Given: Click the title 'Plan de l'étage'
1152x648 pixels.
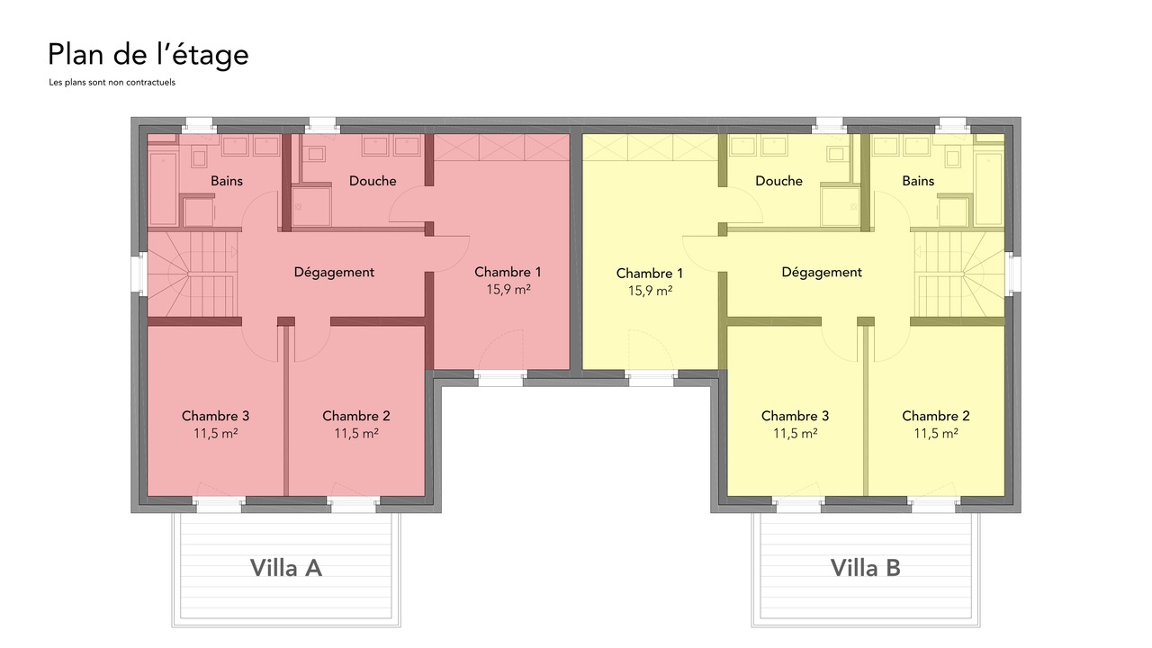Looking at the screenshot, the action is [x=148, y=56].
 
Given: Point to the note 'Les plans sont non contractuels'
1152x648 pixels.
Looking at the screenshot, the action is [x=112, y=82].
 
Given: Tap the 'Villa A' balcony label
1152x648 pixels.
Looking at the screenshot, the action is [x=286, y=568].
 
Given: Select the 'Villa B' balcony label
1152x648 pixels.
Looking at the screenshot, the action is [x=866, y=568].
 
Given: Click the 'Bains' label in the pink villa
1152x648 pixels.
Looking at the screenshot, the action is [x=226, y=181].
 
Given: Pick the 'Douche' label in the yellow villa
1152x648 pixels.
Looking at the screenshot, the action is [x=778, y=181].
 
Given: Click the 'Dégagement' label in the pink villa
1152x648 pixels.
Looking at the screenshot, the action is [x=334, y=273].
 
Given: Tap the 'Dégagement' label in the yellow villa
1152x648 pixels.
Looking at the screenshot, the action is [x=822, y=273].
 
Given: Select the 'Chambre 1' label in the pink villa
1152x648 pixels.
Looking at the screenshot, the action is [x=508, y=272].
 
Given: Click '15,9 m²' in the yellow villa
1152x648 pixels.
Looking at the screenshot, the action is [x=650, y=291].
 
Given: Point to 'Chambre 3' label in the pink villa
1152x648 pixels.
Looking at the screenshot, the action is [x=215, y=416].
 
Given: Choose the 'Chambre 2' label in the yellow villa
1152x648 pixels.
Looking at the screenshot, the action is [x=935, y=416].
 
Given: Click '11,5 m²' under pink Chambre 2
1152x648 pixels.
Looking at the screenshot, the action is [x=356, y=434].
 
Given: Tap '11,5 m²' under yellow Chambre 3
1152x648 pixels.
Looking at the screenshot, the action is [x=795, y=434].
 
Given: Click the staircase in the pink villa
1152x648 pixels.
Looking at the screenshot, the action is [x=193, y=274].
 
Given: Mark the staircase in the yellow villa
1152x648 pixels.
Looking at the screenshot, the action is [x=959, y=274].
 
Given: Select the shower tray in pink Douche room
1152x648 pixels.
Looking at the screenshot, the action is [x=311, y=207].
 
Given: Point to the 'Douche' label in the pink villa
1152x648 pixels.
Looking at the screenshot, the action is [x=373, y=181].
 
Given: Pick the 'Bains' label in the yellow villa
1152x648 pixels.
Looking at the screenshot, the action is [x=918, y=181].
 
